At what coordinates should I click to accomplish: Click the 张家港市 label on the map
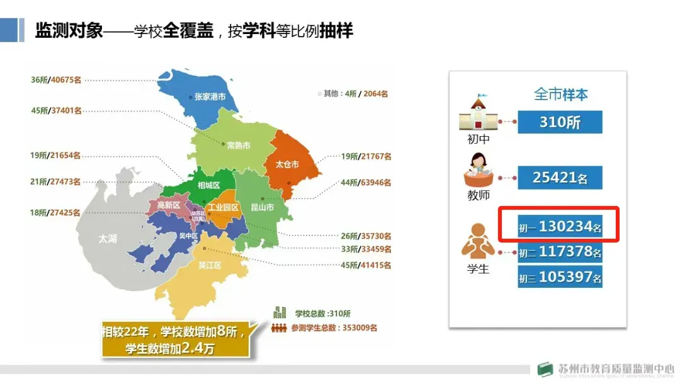pos(210,97)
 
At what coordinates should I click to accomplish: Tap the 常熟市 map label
pos(239,146)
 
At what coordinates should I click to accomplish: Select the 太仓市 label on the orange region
pos(287,164)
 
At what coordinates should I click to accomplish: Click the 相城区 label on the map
pos(208,185)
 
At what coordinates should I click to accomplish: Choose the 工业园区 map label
pos(224,207)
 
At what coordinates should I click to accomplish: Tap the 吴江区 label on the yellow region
pos(210,265)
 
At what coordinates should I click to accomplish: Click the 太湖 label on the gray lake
pos(108,239)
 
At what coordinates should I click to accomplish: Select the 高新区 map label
pos(169,205)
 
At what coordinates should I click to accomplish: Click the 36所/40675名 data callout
pos(56,80)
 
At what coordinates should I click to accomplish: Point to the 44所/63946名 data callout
pos(366,183)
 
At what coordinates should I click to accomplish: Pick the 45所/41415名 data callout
pos(366,266)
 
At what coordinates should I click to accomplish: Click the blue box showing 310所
pos(560,122)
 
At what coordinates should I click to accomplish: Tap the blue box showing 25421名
pos(560,178)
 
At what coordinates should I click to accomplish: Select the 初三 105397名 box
pos(560,277)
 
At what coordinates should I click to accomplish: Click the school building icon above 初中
pos(479,113)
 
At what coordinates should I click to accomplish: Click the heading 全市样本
pos(561,94)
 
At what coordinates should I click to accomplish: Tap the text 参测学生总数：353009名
pos(334,328)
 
